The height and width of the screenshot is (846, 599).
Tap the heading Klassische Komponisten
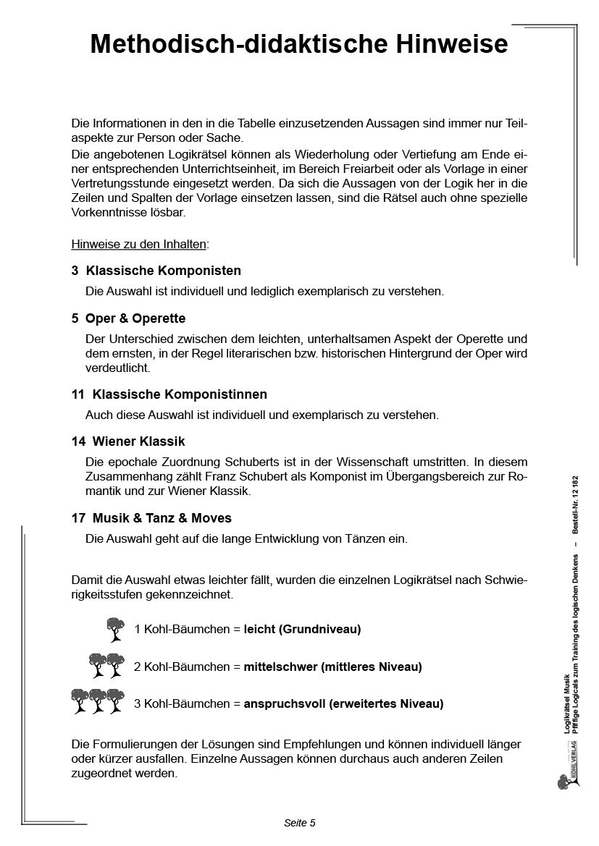click(163, 271)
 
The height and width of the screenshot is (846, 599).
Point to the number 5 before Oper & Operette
click(75, 318)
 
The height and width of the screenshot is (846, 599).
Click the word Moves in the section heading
click(212, 518)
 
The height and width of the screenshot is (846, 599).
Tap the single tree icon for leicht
click(115, 629)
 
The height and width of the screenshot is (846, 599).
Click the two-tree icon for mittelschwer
click(106, 666)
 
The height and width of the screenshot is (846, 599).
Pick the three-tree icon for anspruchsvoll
click(98, 702)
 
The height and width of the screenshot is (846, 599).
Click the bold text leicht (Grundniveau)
click(302, 630)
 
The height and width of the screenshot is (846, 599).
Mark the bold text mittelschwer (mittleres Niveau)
click(332, 667)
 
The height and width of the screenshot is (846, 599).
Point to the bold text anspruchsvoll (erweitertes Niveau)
click(343, 703)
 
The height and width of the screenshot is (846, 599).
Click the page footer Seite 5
click(299, 823)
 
